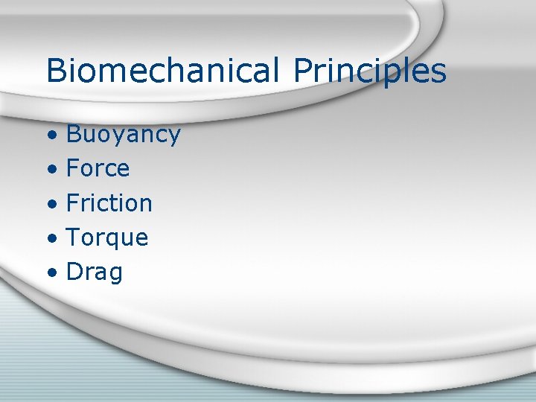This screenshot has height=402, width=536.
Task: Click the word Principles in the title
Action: [x=369, y=71]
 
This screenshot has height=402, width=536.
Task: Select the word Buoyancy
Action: [x=123, y=135]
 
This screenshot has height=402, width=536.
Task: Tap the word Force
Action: [x=98, y=169]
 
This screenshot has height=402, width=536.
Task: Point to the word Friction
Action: [x=109, y=203]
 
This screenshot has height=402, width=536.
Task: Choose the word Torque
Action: [x=107, y=238]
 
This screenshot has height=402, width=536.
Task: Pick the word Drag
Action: [x=95, y=272]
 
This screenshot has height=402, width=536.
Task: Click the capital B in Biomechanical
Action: [x=56, y=71]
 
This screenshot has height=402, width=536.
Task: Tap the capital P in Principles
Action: [x=303, y=71]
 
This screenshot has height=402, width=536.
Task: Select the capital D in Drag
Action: [x=74, y=272]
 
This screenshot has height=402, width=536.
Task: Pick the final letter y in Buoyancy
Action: [x=173, y=137]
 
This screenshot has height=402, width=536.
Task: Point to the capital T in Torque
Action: [x=73, y=238]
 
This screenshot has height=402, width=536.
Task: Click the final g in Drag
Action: [x=115, y=275]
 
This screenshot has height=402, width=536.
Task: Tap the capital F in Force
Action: [x=73, y=169]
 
